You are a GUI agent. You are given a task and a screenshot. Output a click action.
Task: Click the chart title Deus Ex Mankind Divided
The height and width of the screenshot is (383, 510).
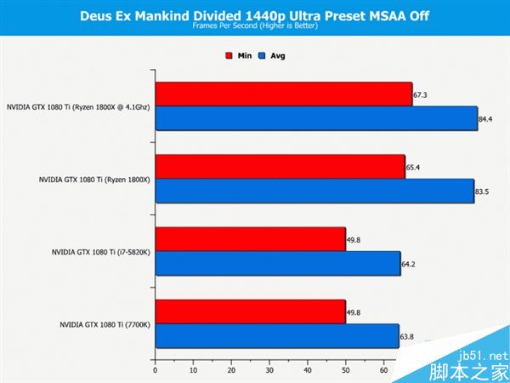254,14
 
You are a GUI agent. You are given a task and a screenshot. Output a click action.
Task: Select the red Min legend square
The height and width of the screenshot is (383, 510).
229,56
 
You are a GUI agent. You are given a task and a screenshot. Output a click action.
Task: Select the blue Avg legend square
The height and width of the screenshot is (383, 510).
263,56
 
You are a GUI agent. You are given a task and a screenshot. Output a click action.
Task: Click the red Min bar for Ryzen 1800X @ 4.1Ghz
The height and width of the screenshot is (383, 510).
283,94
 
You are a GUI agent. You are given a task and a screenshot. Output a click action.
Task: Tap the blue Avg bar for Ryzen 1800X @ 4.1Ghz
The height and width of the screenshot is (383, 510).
316,118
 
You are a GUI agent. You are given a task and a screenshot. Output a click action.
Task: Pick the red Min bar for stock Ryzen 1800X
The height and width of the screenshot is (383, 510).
280,167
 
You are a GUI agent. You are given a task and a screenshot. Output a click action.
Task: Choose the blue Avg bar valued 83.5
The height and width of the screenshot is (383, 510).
314,191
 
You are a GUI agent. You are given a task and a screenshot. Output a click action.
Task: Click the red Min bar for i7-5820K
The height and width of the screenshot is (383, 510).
250,240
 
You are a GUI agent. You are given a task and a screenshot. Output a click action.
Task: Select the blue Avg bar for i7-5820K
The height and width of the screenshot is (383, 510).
277,264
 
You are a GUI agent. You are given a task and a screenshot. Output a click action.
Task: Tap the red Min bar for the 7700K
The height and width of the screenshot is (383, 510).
250,312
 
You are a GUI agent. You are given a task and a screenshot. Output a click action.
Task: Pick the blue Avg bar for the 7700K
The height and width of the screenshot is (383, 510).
276,337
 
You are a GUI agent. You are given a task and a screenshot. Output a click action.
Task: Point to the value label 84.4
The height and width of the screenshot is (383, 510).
486,119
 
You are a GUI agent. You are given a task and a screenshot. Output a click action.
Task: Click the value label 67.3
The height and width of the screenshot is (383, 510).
420,95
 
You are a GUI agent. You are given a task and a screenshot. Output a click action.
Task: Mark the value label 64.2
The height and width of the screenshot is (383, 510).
409,265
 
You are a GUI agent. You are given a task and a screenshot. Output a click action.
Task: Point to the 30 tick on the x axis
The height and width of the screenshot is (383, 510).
269,370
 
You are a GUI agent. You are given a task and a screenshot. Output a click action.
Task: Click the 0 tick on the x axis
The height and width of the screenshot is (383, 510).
155,370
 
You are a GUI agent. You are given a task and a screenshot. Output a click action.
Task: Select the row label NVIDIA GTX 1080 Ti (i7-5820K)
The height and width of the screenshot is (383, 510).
100,252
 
